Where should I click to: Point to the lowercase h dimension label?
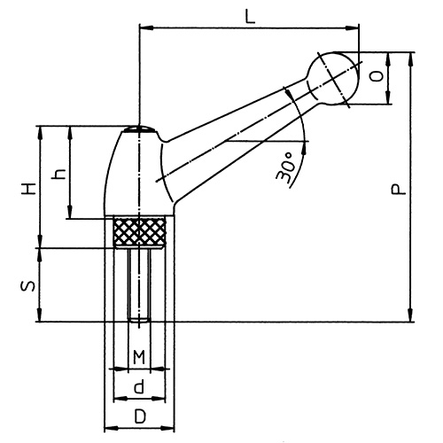click(58, 174)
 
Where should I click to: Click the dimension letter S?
click(28, 285)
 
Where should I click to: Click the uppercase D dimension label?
click(138, 416)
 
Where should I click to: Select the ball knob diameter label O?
click(378, 79)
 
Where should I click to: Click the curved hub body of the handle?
click(133, 173)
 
